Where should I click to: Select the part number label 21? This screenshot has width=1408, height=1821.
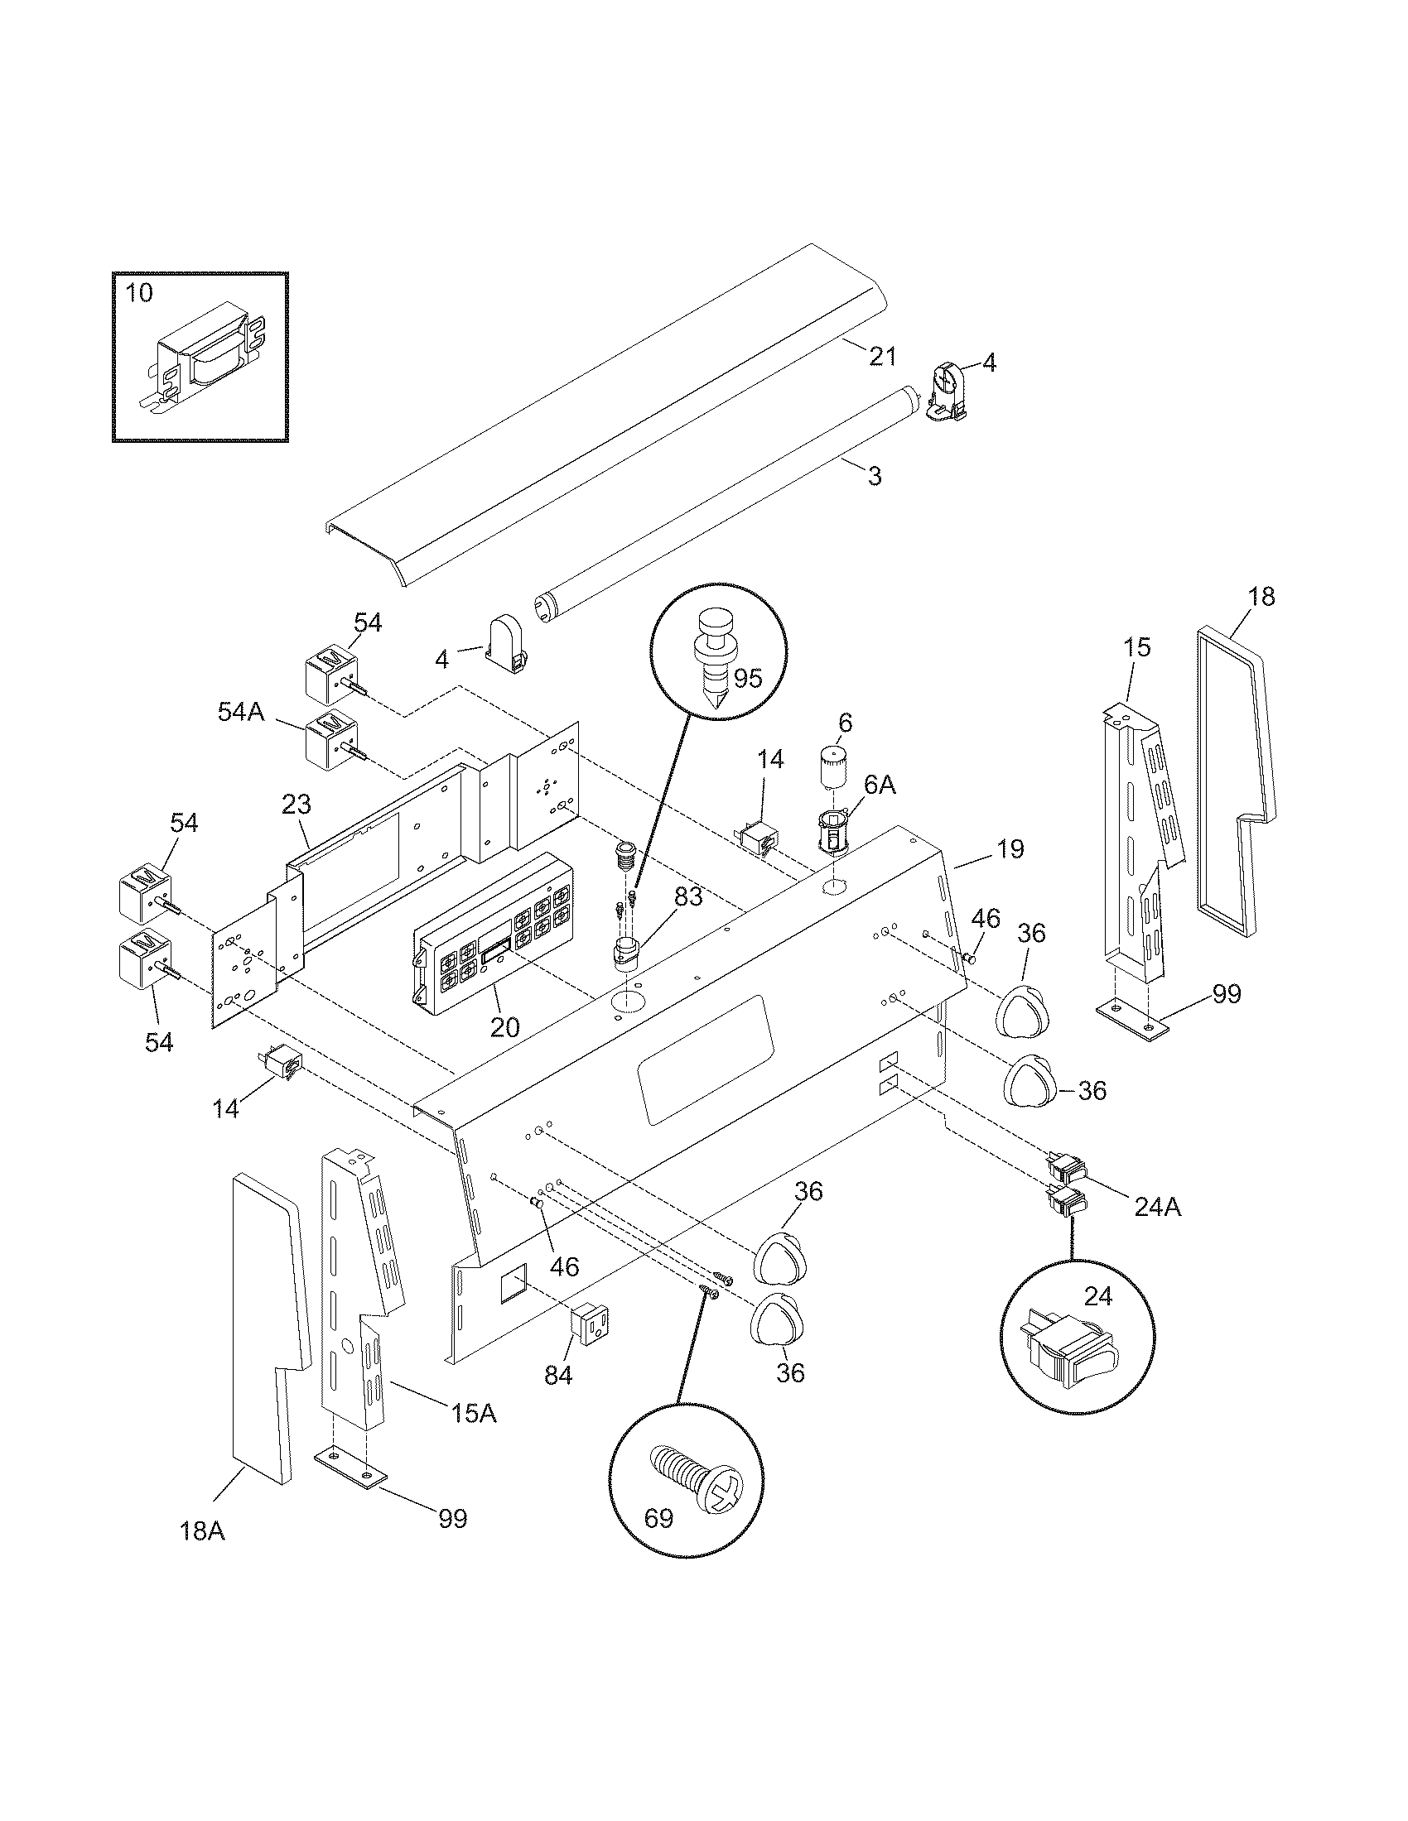pyautogui.click(x=882, y=356)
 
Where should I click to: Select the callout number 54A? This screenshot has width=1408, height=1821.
pyautogui.click(x=241, y=711)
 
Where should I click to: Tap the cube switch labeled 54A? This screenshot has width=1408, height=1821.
pyautogui.click(x=331, y=738)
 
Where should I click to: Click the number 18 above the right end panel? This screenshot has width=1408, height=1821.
pyautogui.click(x=1261, y=597)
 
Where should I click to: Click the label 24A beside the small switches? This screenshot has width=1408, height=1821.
pyautogui.click(x=1157, y=1206)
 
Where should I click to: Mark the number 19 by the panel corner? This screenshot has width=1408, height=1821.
pyautogui.click(x=1010, y=848)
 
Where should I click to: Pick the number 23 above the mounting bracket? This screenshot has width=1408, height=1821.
pyautogui.click(x=297, y=805)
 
